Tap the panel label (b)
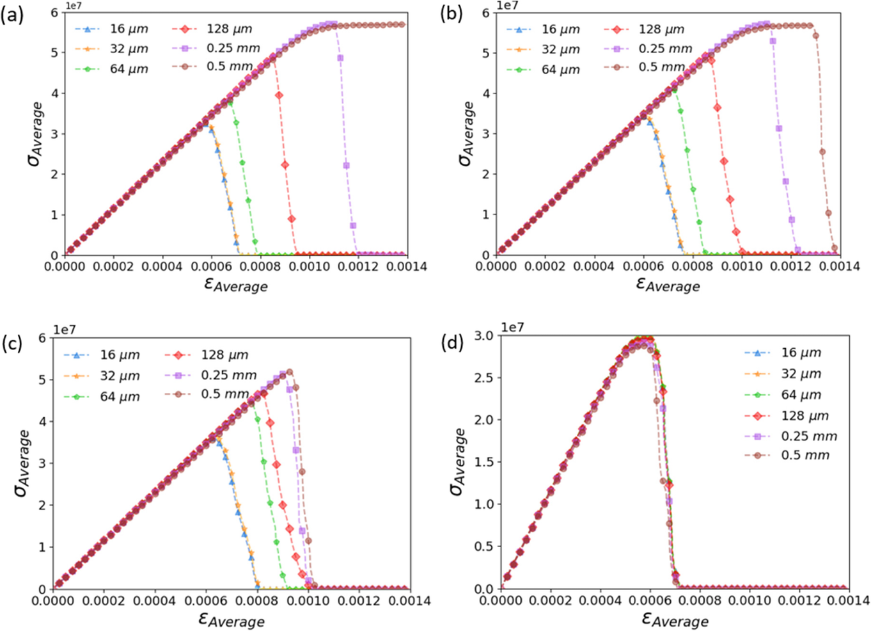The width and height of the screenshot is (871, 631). tap(451, 13)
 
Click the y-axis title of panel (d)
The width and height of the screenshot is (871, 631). tap(457, 461)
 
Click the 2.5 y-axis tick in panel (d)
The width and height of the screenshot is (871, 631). tap(484, 378)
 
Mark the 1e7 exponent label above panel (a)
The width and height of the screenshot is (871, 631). tap(73, 6)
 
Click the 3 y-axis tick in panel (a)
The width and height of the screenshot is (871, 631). tap(54, 134)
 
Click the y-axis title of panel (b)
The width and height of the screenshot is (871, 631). tap(467, 133)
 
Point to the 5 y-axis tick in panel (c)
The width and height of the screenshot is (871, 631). tap(42, 379)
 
